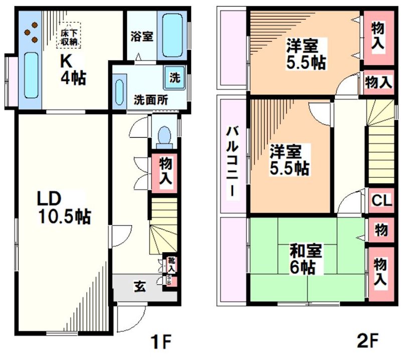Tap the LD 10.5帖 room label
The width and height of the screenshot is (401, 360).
pyautogui.click(x=63, y=207)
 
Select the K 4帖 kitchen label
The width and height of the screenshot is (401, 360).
pyautogui.click(x=73, y=71)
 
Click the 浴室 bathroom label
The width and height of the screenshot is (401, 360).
pyautogui.click(x=142, y=36)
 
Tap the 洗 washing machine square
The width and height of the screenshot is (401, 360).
pyautogui.click(x=174, y=78)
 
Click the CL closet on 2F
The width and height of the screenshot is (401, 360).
pyautogui.click(x=381, y=201)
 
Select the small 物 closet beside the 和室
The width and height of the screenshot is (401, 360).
pyautogui.click(x=381, y=231)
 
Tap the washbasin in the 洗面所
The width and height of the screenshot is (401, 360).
pyautogui.click(x=119, y=92)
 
